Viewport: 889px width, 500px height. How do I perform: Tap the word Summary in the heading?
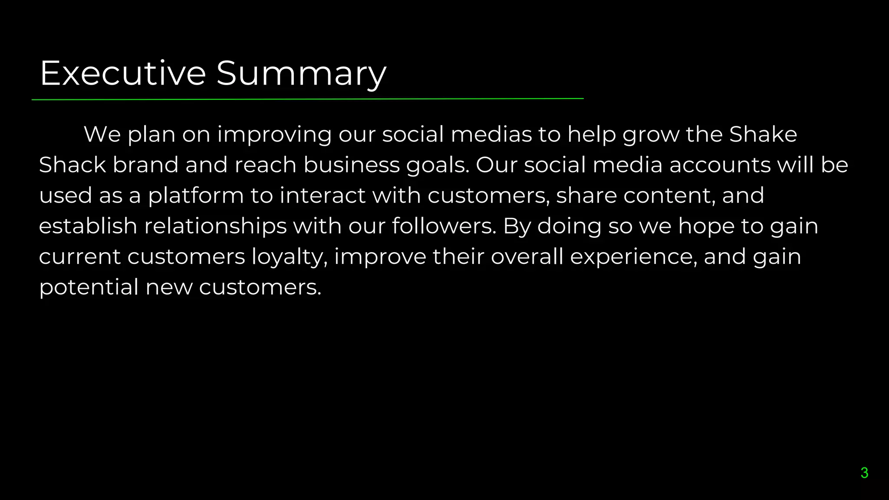(301, 74)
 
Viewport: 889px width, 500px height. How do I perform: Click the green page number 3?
(864, 473)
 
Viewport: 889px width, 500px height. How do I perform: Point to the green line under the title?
(307, 99)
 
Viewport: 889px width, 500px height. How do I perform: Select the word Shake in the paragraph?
(763, 134)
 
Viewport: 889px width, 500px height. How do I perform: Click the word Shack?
(72, 165)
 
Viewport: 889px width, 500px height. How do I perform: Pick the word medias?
(491, 134)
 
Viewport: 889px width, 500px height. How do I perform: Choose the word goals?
(438, 166)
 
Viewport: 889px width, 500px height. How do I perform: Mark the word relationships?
(215, 227)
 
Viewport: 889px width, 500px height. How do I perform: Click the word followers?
(444, 226)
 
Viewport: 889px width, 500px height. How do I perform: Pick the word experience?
(633, 257)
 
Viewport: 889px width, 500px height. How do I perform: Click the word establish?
(88, 226)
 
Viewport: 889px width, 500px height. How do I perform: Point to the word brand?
(145, 165)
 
